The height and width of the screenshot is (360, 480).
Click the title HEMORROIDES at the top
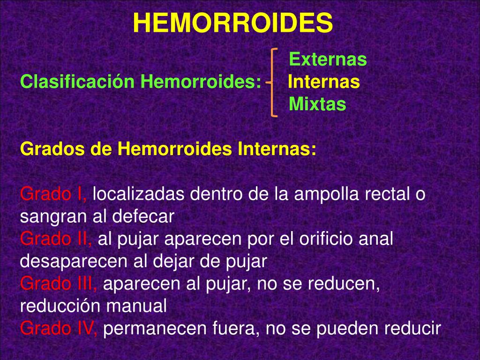(233, 22)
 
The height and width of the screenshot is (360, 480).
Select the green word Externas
(328, 60)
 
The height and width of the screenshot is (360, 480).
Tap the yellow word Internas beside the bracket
(323, 82)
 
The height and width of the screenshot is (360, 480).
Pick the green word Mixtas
(318, 104)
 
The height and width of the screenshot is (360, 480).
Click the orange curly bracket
(274, 82)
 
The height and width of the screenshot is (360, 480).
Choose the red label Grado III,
(59, 284)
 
